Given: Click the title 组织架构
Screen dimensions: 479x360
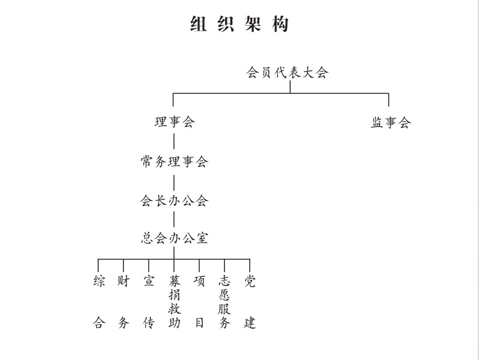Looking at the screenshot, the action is pos(239,24).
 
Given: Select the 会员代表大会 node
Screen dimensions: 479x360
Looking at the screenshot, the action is pos(288,73).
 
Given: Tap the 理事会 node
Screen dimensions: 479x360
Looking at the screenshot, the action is pos(175,122).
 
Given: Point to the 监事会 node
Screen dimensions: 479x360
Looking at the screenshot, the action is pos(391,122).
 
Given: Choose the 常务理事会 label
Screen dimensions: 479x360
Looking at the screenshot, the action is pos(175,161).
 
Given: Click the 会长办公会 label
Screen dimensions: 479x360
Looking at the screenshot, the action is pos(175,201).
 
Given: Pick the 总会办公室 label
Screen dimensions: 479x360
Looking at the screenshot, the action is pos(175,238).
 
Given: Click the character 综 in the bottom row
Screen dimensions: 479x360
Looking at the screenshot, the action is pos(98,281).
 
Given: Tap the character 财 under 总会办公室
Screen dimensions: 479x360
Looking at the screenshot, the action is pos(123,281).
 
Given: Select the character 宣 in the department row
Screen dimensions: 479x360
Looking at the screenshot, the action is pos(149,281).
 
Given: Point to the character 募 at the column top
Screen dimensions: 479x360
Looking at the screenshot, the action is pos(174,281).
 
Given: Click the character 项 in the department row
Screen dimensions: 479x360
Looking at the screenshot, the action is pos(199,281).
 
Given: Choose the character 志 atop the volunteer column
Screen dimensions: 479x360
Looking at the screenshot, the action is pos(224,281).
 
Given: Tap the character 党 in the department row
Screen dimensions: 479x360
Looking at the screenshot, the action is pos(250,281).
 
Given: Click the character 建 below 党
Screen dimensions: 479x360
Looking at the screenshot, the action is pos(250,323).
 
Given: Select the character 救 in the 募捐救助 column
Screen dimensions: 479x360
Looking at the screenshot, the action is pos(174,309).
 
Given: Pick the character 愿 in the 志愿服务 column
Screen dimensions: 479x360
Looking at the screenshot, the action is pos(224,294).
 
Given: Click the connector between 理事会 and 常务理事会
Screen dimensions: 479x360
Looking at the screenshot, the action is pos(174,141).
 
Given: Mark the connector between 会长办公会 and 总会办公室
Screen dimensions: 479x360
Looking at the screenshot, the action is pos(174,219).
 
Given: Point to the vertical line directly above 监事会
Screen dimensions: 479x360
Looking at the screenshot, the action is pos(389,100).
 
